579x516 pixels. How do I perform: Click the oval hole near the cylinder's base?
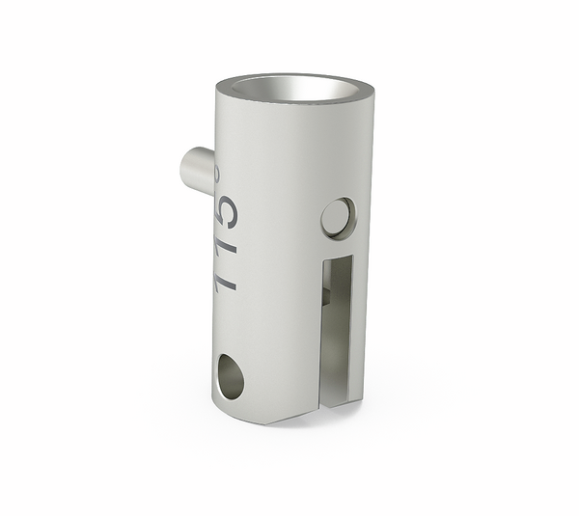pyautogui.click(x=230, y=376)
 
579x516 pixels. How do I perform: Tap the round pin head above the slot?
pyautogui.click(x=337, y=217)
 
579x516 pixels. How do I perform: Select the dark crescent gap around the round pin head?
pyautogui.click(x=350, y=214)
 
